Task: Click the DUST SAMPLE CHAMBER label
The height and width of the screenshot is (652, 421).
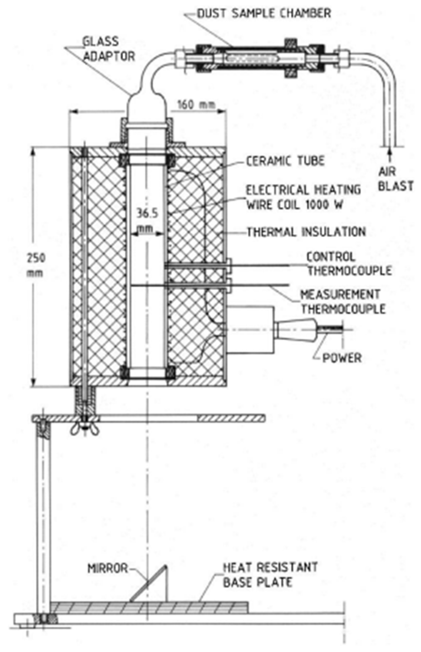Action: point(264,13)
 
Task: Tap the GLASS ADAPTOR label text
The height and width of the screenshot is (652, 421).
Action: point(109,49)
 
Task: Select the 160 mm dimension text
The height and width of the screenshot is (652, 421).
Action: point(196,104)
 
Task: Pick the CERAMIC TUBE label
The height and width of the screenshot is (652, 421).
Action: point(285,161)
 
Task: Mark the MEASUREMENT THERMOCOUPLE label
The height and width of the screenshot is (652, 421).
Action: point(343,301)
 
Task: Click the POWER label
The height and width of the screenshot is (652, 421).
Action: point(342,358)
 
